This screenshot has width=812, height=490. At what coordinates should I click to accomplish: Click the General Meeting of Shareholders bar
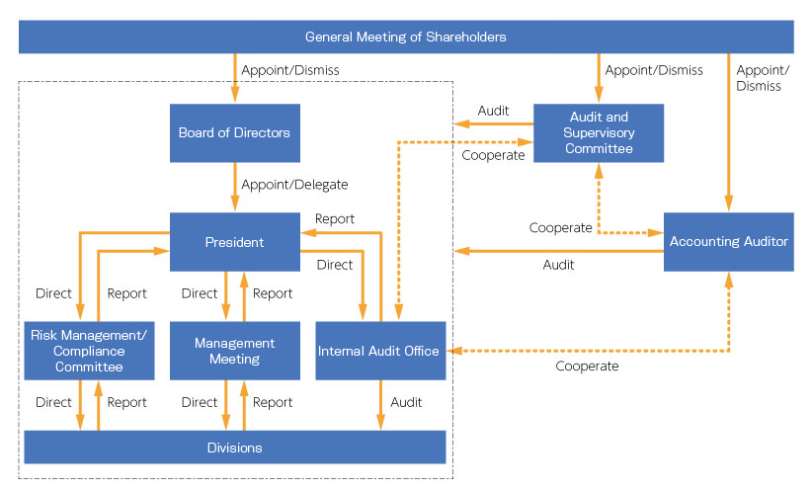click(x=406, y=37)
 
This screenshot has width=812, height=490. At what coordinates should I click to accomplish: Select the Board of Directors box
click(x=234, y=132)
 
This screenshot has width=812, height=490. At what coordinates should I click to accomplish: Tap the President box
click(x=234, y=241)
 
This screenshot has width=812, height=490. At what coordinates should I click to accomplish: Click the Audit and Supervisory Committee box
click(x=599, y=132)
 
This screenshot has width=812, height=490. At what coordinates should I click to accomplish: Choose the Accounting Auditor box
click(x=728, y=241)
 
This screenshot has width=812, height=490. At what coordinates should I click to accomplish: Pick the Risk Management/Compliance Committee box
click(x=89, y=351)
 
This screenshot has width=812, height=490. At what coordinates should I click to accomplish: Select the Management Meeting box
click(x=234, y=351)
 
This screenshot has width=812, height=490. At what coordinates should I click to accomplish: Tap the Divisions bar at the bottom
click(x=234, y=448)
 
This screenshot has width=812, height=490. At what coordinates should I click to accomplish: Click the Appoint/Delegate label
click(x=294, y=184)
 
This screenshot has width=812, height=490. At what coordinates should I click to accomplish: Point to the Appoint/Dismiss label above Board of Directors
click(x=290, y=70)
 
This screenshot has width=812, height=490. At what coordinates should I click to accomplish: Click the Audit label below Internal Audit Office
click(x=406, y=402)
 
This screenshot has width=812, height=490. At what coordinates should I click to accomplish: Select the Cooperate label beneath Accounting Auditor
click(x=587, y=367)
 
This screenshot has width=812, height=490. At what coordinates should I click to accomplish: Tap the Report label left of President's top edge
click(x=335, y=218)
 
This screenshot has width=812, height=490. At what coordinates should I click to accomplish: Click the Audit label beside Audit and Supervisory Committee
click(x=493, y=111)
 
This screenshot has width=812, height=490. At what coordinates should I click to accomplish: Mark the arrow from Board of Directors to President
click(x=234, y=188)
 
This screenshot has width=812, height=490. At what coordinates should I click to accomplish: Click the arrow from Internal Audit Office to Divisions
click(x=380, y=405)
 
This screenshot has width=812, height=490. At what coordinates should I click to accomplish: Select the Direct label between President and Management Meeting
click(x=200, y=293)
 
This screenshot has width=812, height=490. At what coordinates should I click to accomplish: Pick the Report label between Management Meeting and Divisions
click(x=273, y=402)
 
